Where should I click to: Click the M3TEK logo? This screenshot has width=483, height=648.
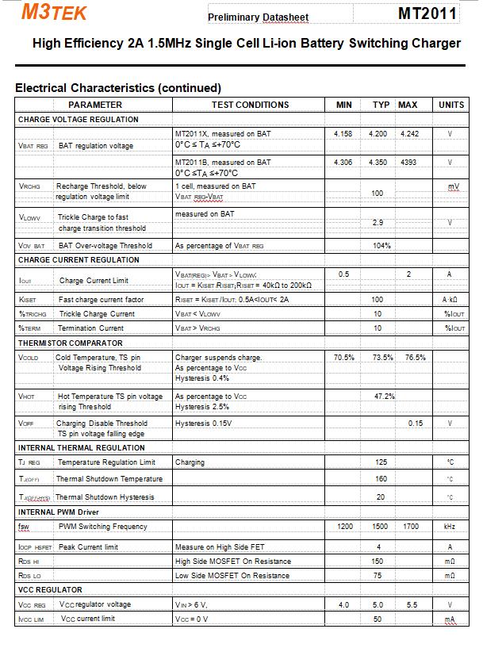(54, 12)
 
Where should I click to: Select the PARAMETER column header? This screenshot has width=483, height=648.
(95, 105)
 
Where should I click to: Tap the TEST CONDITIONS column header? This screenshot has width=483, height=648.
(250, 105)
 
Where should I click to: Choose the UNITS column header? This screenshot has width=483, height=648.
(451, 105)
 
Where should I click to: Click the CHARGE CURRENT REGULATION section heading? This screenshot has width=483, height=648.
(79, 260)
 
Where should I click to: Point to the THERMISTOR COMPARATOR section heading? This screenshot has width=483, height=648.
(71, 343)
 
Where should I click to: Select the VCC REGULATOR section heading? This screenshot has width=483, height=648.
(50, 590)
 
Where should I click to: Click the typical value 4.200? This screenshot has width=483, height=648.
(378, 134)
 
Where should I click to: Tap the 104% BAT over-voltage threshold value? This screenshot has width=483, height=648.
(381, 246)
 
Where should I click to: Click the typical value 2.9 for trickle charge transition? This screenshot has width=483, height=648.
(378, 223)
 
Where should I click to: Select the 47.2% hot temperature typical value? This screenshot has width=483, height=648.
(384, 396)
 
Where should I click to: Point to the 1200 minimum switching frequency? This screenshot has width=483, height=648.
(345, 527)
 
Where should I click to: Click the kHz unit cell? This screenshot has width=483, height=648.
(450, 527)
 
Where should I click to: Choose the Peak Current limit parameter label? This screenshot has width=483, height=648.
(88, 547)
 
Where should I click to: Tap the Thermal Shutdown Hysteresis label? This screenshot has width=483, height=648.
(105, 497)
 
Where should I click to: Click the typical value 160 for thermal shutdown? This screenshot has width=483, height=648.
(381, 479)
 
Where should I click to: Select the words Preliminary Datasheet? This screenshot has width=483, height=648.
(258, 17)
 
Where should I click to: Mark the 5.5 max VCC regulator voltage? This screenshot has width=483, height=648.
(412, 605)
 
